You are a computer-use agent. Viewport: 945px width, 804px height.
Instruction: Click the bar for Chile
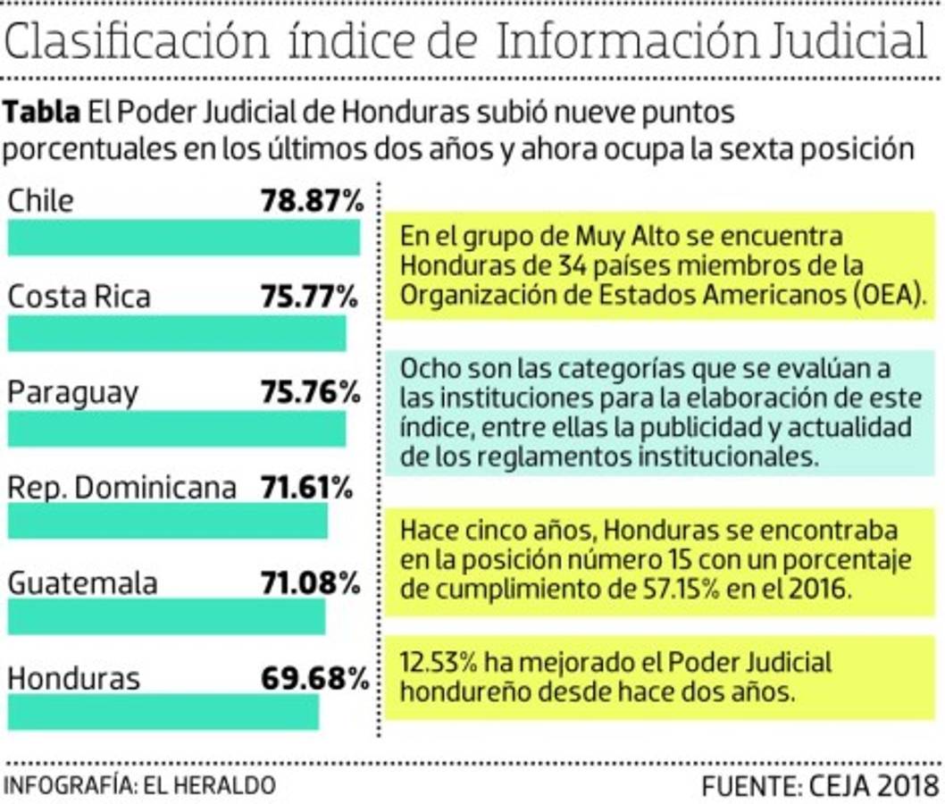click(184, 238)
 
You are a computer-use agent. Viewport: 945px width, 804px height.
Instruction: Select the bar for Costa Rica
click(177, 333)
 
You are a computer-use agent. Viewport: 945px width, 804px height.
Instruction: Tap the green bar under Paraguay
click(177, 429)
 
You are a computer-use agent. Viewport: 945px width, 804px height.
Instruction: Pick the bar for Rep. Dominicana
click(168, 522)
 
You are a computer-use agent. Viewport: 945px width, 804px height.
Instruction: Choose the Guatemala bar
click(167, 616)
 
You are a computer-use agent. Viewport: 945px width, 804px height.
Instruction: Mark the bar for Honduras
click(163, 712)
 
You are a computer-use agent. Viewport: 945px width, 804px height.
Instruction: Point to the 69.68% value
click(314, 678)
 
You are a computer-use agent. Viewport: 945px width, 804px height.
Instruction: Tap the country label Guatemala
click(82, 583)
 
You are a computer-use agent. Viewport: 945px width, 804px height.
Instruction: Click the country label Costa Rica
click(79, 296)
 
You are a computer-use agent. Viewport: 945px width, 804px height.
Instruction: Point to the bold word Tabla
click(43, 113)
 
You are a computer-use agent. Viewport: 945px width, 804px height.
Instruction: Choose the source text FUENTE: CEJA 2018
click(819, 786)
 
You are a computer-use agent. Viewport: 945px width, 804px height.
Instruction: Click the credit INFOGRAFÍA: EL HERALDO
click(140, 786)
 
